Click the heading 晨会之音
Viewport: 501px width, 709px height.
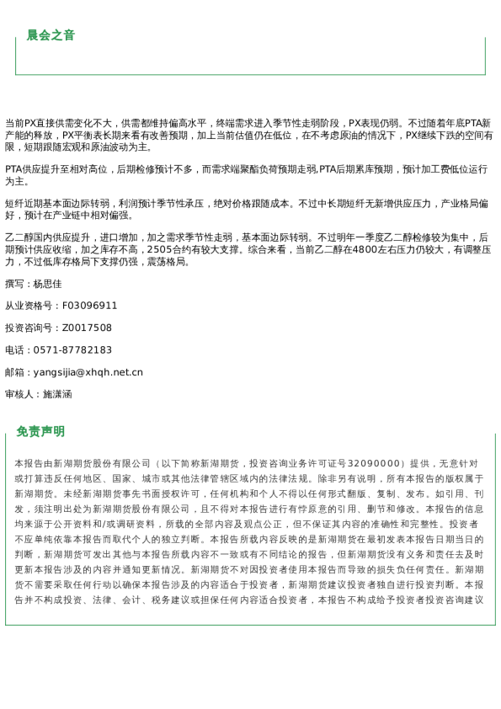tap(51, 35)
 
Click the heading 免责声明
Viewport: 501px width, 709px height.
tap(40, 431)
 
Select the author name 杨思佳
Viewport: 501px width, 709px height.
tap(47, 284)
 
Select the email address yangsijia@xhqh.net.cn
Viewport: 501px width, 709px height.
tap(88, 372)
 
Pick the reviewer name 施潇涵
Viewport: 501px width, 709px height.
tap(57, 394)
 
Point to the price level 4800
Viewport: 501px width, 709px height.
tap(367, 250)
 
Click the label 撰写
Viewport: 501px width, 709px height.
tap(14, 284)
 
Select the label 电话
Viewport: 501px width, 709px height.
tap(14, 350)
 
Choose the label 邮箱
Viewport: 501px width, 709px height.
tap(14, 372)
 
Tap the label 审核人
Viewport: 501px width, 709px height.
tap(19, 394)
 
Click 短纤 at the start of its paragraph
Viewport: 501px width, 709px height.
tap(14, 203)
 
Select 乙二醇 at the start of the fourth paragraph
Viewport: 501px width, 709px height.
tap(19, 237)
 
